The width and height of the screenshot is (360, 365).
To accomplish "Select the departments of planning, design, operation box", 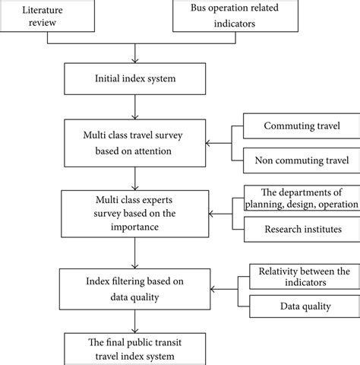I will (300, 197).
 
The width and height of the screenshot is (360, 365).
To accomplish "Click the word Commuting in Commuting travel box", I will (282, 125).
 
